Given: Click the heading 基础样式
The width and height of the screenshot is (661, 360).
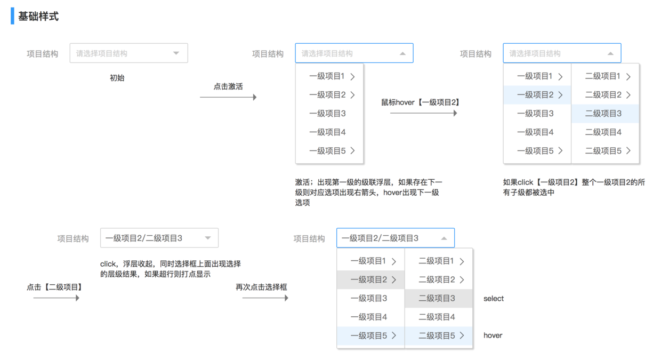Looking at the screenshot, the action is pos(38,16).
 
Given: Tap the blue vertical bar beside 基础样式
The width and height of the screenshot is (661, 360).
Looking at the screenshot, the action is pos(12,16).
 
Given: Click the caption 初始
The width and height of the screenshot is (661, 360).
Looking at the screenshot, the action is pos(117,78).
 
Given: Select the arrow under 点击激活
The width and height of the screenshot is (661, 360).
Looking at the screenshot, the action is pos(228,97).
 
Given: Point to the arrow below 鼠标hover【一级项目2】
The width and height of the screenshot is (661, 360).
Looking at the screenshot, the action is pos(423,113).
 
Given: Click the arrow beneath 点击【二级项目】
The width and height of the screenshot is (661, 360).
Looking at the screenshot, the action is pos(56,298).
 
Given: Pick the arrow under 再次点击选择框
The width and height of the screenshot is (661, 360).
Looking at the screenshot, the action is pos(265,298).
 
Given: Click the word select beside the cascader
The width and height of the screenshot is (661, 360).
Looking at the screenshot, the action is pos(494,299).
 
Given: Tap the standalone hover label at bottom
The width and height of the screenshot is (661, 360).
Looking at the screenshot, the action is pos(493,335).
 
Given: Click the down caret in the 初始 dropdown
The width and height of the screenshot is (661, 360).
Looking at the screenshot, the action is pos(176,53).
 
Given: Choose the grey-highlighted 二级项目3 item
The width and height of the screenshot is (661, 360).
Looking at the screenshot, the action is pos(439,298).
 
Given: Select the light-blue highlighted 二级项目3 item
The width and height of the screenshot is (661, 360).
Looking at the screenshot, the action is pos(605,114).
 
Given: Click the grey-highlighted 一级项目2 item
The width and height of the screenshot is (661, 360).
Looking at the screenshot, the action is pos(370,279).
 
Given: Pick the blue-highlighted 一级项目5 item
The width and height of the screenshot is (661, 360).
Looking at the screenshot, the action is pos(370,335).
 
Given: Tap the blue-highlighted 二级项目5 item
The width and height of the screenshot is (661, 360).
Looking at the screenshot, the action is pos(439,335).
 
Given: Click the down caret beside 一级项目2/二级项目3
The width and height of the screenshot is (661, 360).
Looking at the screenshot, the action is pos(208,238).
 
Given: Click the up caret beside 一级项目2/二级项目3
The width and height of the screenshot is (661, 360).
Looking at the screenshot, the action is pos(444,238).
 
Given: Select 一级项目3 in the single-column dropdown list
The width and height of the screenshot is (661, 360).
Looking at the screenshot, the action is pos(327,114).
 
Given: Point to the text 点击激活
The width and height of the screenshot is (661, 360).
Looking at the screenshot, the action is pos(228,86).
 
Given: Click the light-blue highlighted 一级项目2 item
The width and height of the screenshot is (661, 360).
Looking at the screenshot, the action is pos(537,95).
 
